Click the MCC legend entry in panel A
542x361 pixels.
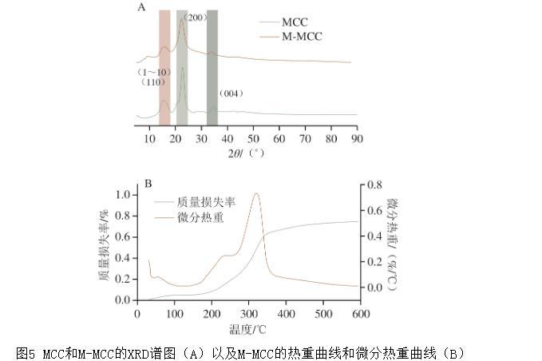295,22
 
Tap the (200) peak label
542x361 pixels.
196,17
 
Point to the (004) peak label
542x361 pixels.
231,94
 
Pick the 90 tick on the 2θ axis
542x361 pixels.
356,138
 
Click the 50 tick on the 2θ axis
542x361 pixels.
253,138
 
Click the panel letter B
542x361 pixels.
148,184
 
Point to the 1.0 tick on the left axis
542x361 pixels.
122,194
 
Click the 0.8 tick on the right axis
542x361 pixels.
375,184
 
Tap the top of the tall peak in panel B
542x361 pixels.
256,193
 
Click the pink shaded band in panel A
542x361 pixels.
164,68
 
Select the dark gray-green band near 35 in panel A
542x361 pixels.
212,68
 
